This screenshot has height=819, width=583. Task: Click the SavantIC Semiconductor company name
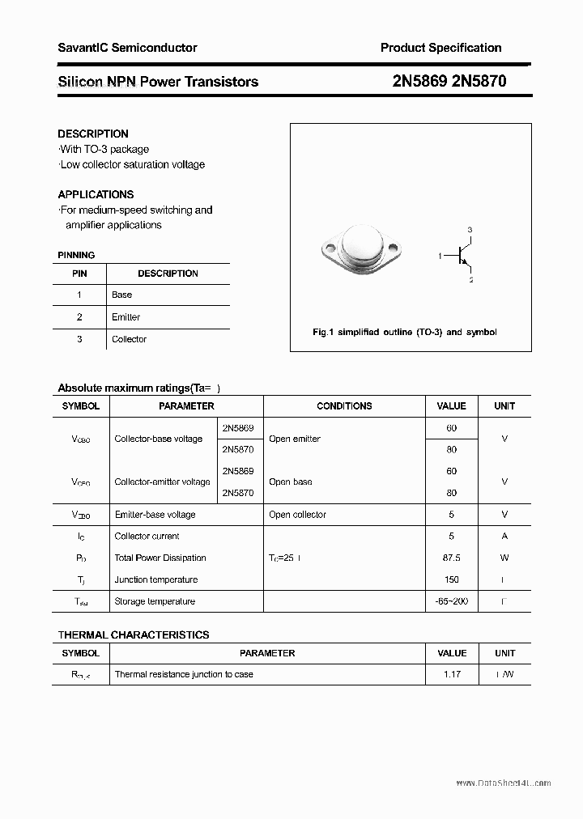(127, 48)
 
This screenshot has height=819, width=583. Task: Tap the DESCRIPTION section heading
(93, 134)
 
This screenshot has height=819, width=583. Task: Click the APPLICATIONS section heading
(96, 194)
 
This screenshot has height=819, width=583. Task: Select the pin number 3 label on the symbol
(470, 231)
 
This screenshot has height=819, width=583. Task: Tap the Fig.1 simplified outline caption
(405, 332)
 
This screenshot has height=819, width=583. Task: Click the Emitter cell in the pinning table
(126, 317)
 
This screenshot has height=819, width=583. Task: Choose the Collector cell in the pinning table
(129, 339)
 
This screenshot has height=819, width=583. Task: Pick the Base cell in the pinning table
(121, 295)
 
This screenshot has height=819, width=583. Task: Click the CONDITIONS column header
(344, 406)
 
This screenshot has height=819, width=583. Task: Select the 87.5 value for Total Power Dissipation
(451, 558)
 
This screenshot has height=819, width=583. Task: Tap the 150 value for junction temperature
(451, 579)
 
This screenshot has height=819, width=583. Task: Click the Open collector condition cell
(297, 515)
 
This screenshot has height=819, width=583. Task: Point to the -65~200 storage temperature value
(451, 601)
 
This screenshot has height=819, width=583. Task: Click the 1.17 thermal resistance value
(451, 674)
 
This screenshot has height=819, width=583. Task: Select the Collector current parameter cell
(147, 536)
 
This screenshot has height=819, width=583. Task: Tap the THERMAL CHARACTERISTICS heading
(134, 635)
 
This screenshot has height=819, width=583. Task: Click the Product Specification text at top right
(440, 48)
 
